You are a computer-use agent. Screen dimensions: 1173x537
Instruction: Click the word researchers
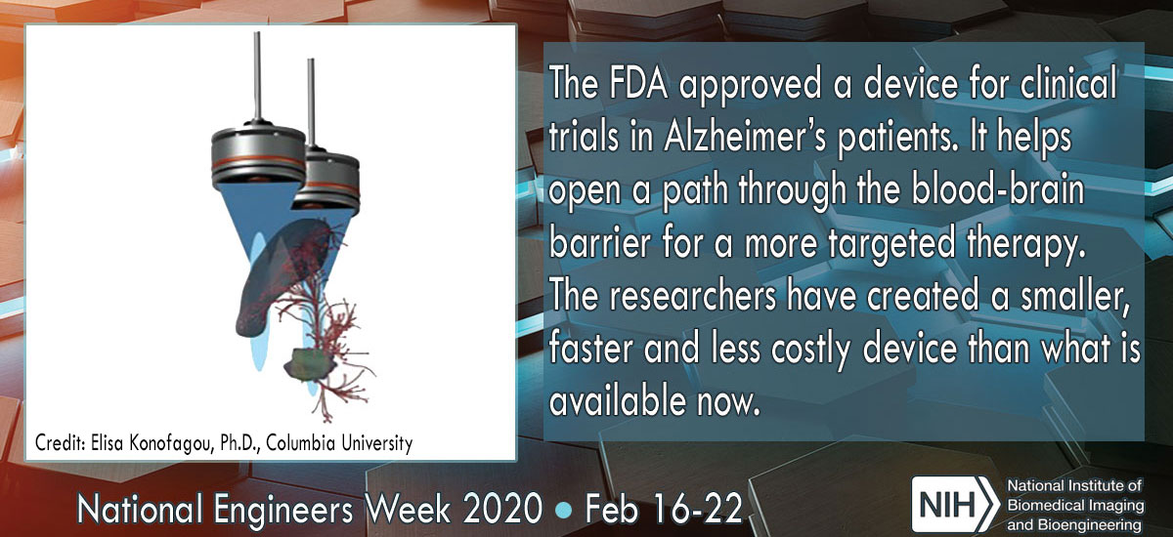pos(692,295)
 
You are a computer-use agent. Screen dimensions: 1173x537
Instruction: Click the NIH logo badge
pos(954,504)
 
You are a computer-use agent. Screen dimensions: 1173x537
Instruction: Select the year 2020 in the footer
pos(502,509)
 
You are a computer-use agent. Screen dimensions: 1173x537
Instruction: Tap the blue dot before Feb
pos(564,510)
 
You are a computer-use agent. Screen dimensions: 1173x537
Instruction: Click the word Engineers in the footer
pos(283,510)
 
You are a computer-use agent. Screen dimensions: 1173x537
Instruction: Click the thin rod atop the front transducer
pos(257,76)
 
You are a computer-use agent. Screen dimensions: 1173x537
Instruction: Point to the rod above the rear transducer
pos(311,103)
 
